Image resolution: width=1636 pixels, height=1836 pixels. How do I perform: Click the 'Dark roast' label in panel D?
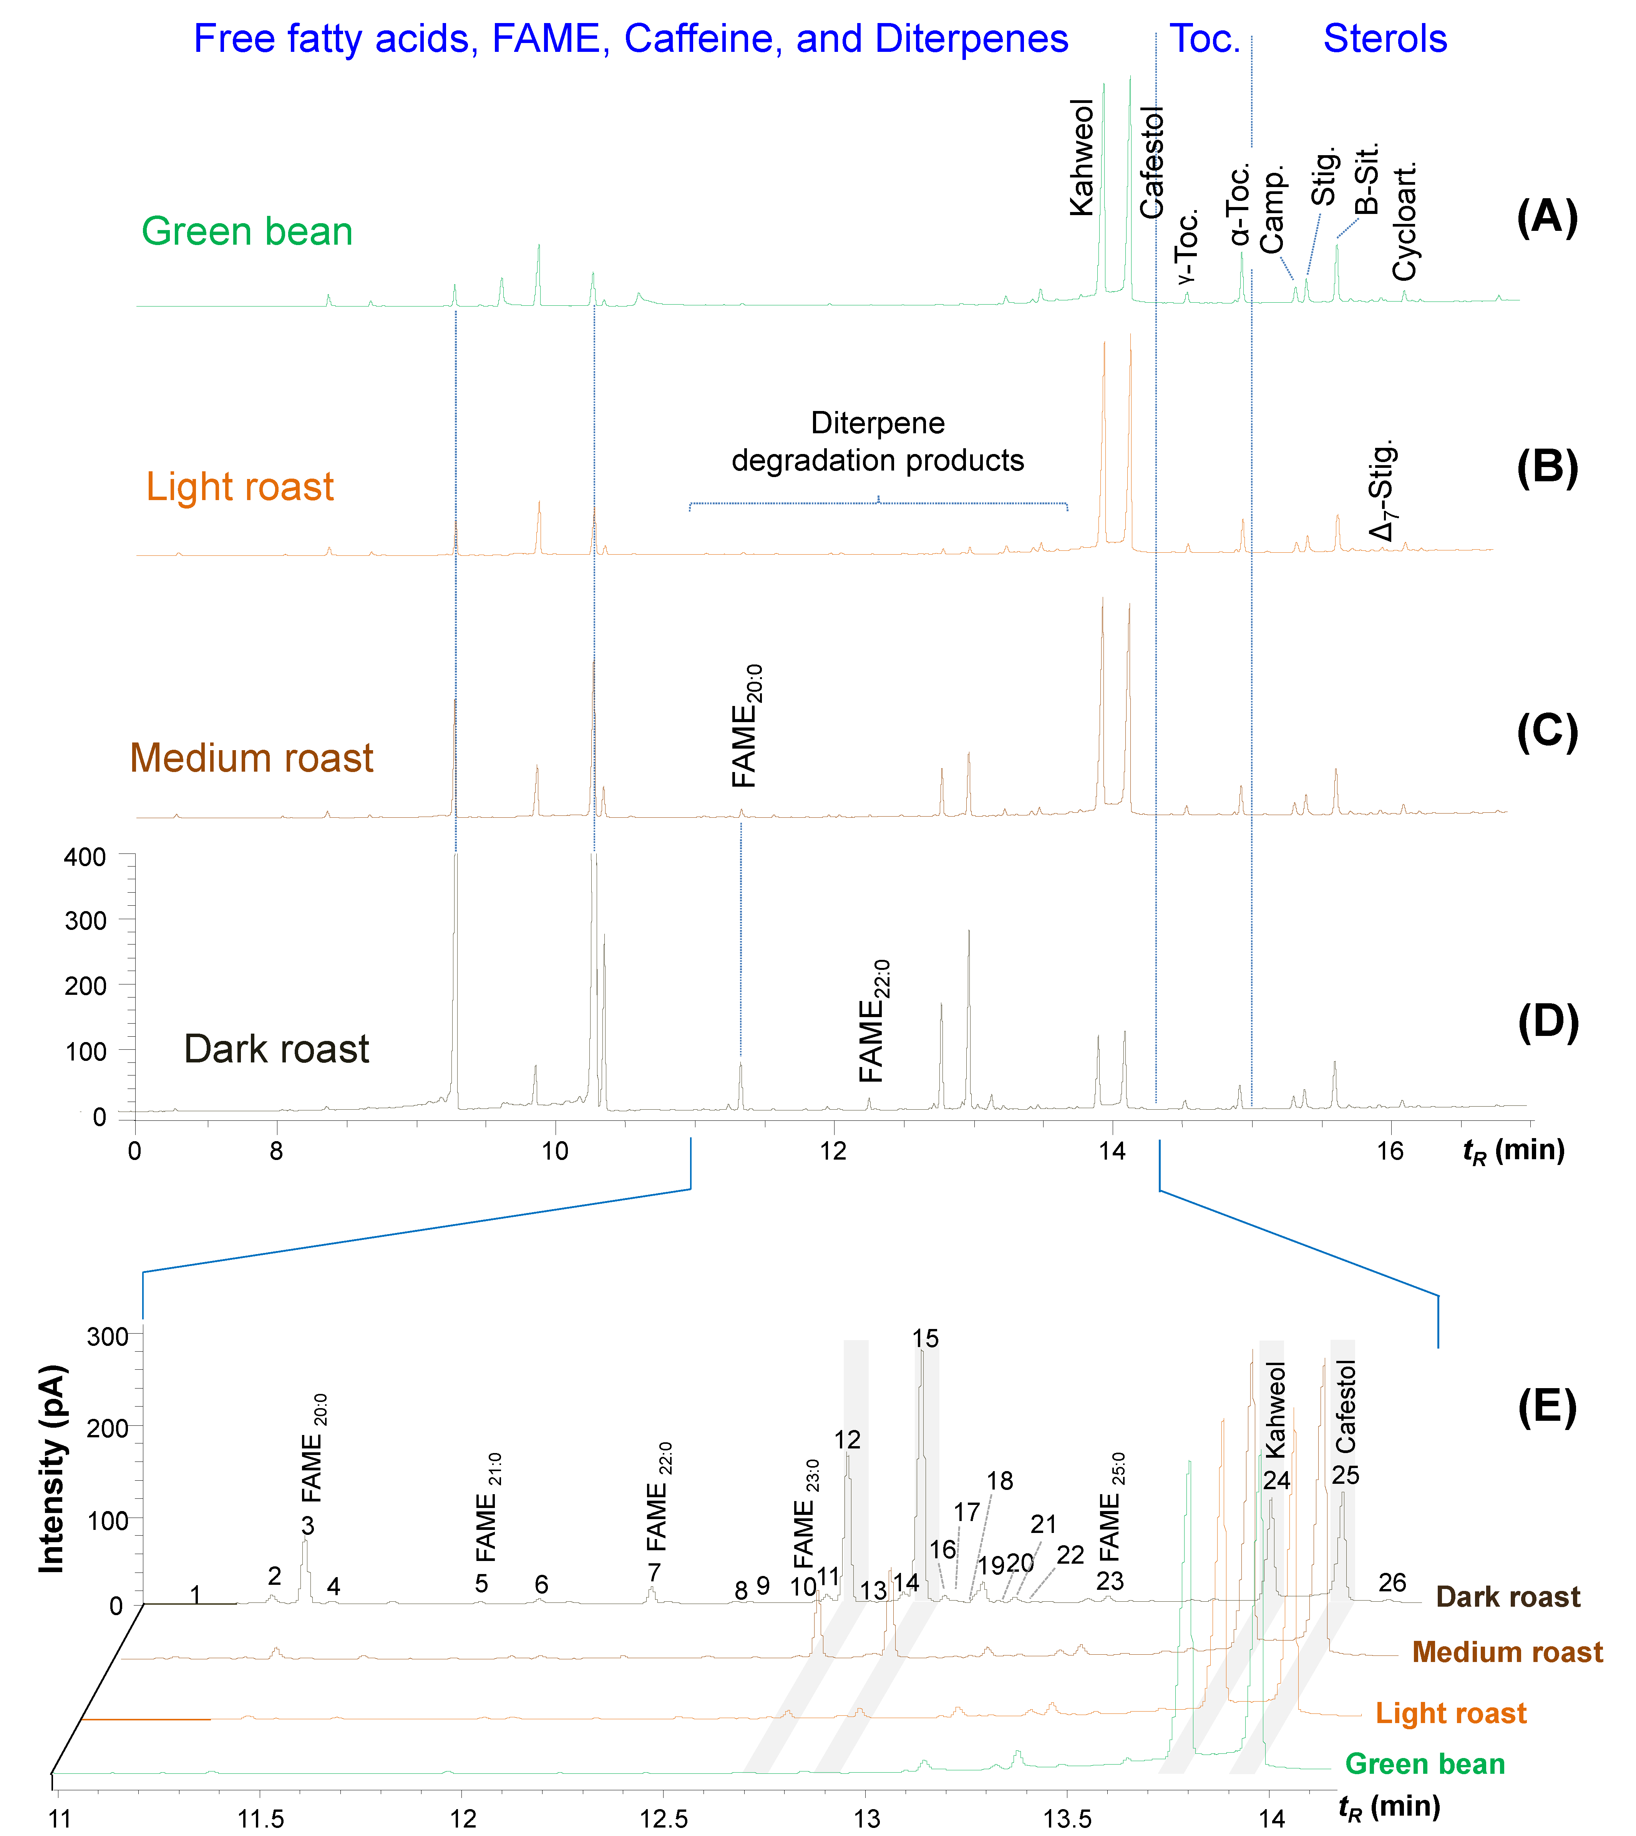276,1049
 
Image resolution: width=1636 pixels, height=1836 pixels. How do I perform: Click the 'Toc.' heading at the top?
1205,40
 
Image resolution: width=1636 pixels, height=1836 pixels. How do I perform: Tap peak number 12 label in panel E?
847,1440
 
